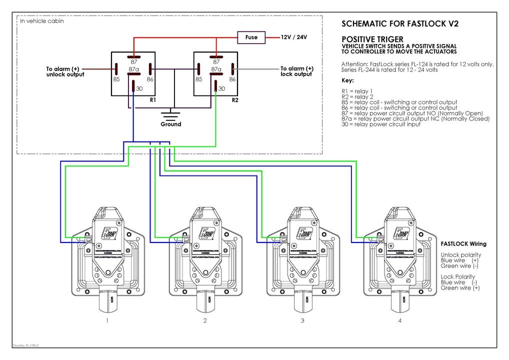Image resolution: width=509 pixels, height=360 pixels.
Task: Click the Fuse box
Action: point(251,37)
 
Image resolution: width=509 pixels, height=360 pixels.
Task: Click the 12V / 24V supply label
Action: point(293,37)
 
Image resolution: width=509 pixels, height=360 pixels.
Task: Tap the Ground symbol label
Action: point(171,124)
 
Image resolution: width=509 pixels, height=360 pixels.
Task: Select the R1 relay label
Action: point(153,100)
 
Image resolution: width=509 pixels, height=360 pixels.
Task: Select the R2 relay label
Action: point(235,100)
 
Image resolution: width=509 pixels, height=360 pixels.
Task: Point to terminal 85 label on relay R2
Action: point(198,79)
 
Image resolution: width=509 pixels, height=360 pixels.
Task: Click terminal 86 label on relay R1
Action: point(149,79)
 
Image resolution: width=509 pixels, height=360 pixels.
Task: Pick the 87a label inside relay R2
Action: point(216,69)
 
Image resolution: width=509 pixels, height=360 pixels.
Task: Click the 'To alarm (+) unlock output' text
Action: point(65,71)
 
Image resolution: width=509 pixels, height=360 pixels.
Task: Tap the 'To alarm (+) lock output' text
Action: point(296,71)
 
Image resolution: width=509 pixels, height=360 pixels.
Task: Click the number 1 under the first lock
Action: point(107,320)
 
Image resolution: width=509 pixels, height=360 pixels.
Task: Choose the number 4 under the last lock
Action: point(399,320)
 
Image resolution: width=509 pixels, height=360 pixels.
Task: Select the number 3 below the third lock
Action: point(302,320)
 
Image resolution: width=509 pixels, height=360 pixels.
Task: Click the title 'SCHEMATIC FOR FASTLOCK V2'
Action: point(399,23)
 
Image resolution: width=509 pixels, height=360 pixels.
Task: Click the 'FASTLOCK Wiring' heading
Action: point(463,244)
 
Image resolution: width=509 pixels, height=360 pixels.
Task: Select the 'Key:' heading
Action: point(347,80)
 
